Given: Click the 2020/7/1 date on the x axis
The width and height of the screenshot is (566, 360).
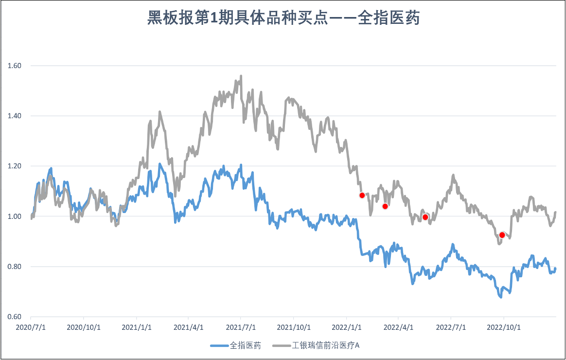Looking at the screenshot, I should [31, 327].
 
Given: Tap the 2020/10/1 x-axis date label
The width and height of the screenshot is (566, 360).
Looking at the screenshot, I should [83, 327].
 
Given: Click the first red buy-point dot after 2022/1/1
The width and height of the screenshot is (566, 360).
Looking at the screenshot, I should [362, 196].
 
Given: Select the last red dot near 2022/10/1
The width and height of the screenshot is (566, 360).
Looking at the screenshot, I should [502, 235].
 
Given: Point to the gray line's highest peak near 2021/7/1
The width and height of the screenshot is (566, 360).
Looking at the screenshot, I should [241, 76].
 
